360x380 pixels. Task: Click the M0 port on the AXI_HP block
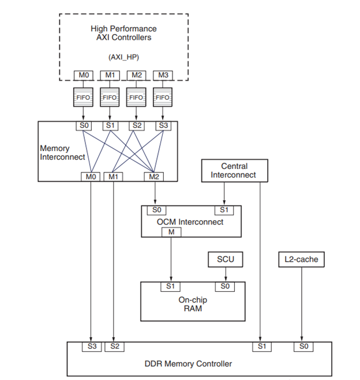[84, 76]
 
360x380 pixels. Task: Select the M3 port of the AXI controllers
[163, 76]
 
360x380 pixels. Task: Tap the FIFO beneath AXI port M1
[110, 97]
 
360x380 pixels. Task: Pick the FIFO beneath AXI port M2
[136, 97]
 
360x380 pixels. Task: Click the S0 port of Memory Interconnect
[84, 126]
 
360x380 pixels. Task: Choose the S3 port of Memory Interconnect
[163, 126]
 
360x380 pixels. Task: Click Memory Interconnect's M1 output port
[113, 176]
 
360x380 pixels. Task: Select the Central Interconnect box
[234, 171]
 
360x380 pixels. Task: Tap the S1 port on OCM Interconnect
[224, 210]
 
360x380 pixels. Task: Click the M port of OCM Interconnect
[171, 232]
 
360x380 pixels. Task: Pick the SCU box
[225, 260]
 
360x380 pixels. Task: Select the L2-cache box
[301, 260]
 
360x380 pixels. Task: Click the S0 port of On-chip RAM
[225, 286]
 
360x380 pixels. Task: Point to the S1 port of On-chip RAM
[171, 286]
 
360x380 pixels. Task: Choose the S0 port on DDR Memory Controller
[302, 347]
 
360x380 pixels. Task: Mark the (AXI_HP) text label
[123, 57]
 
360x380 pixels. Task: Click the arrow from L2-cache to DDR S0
[301, 306]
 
